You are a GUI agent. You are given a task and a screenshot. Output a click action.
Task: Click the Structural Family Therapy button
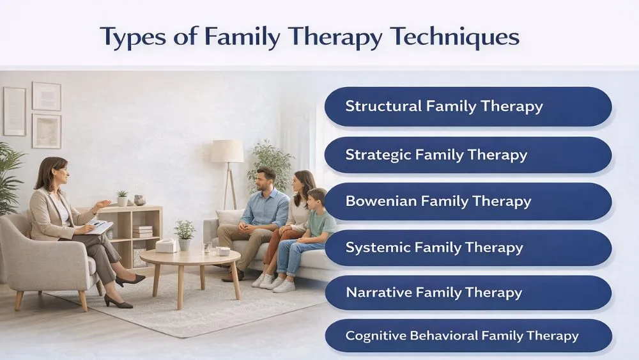click(x=468, y=106)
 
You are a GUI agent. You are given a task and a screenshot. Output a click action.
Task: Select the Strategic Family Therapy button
click(x=468, y=154)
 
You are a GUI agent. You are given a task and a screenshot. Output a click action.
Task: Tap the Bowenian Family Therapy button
click(x=468, y=201)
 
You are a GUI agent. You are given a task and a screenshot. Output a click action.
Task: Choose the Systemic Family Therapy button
click(x=468, y=247)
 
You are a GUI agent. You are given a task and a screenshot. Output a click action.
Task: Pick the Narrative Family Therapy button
click(x=468, y=293)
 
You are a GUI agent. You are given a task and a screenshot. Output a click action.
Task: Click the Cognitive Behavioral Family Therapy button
click(x=468, y=335)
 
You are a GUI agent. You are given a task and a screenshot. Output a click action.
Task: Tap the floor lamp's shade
click(x=227, y=152)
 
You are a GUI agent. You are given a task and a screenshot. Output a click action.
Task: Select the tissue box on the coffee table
click(x=167, y=246)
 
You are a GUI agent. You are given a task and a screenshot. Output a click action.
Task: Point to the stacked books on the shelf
click(x=142, y=231)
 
